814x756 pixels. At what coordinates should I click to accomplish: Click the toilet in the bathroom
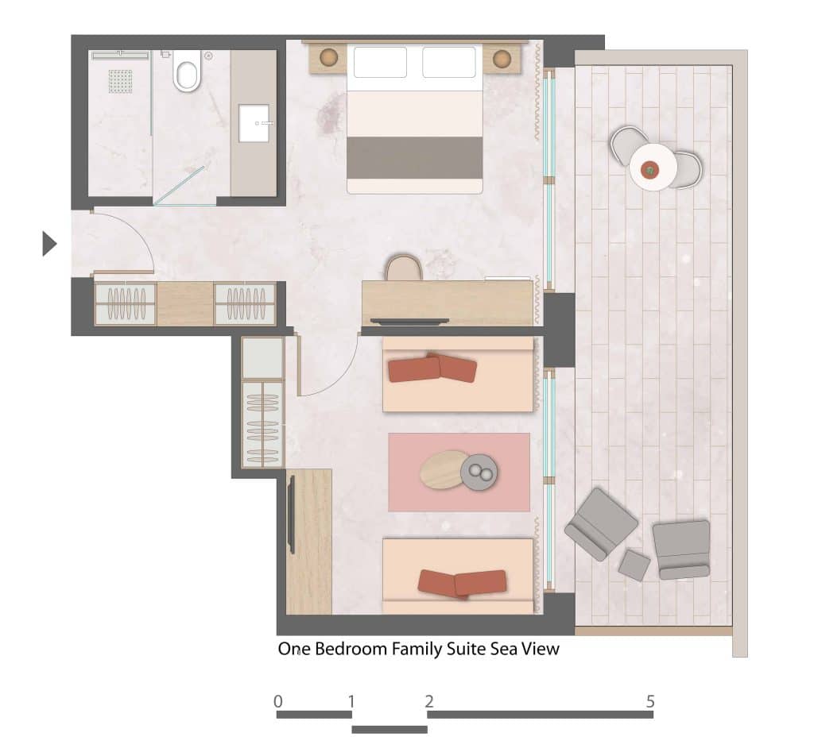pos(187,72)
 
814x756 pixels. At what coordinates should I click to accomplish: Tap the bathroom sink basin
pos(254,123)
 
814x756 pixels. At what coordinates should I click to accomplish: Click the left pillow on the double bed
pos(380,62)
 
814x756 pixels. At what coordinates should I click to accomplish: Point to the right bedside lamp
pos(502,59)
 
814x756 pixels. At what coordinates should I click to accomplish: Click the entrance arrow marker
pos(49,244)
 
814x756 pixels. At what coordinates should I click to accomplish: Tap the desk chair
pos(403,268)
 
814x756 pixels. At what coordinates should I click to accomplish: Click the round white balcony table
pos(653,167)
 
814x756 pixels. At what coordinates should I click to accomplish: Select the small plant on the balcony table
pos(649,170)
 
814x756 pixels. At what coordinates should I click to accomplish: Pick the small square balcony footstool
pos(634,565)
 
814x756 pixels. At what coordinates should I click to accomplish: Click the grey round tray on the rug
pos(479,472)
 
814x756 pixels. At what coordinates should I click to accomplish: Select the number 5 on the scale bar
pos(650,701)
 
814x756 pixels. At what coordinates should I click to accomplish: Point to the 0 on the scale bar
pos(278,701)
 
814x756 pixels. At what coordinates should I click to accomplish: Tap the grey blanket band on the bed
pos(415,158)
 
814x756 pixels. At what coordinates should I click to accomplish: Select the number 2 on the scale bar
pos(428,701)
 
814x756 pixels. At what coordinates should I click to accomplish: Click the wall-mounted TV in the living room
pos(291,515)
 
